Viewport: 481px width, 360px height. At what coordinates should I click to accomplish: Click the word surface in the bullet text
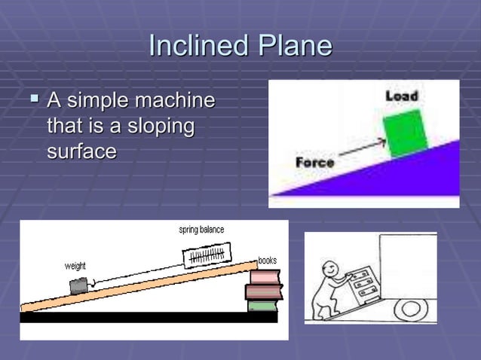click(x=81, y=151)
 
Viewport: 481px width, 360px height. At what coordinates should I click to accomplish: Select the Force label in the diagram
click(x=315, y=162)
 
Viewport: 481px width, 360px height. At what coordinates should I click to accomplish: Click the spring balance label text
click(x=201, y=230)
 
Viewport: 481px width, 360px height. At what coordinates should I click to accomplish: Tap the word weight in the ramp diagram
click(x=75, y=266)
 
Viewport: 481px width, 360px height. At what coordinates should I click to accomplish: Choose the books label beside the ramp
click(x=267, y=261)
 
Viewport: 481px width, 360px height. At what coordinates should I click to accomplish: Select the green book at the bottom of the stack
click(x=261, y=306)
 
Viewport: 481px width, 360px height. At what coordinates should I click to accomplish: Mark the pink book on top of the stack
click(x=265, y=276)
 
